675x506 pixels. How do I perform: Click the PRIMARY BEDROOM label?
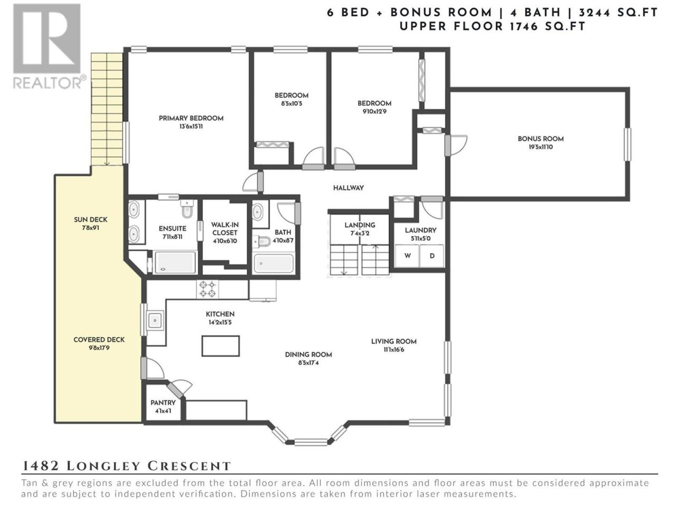[x=191, y=118]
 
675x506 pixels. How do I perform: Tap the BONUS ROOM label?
[x=541, y=139]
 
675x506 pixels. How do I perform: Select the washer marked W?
[x=407, y=256]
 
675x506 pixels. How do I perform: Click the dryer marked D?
[x=432, y=256]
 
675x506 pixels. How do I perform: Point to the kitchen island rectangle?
[x=220, y=346]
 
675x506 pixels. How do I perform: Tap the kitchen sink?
[x=155, y=320]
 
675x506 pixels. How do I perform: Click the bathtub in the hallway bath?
[x=274, y=264]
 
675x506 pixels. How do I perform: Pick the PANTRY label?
[x=163, y=403]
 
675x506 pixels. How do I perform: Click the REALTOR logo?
[x=47, y=46]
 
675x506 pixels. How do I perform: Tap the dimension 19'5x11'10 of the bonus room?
[x=541, y=147]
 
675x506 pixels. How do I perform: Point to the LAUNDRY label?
[x=420, y=230]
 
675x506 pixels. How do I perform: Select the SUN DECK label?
[x=91, y=220]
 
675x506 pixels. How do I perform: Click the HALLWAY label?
[x=349, y=188]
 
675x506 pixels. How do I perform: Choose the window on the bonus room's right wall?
[x=627, y=144]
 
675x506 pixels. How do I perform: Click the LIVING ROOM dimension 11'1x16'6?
[x=393, y=349]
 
